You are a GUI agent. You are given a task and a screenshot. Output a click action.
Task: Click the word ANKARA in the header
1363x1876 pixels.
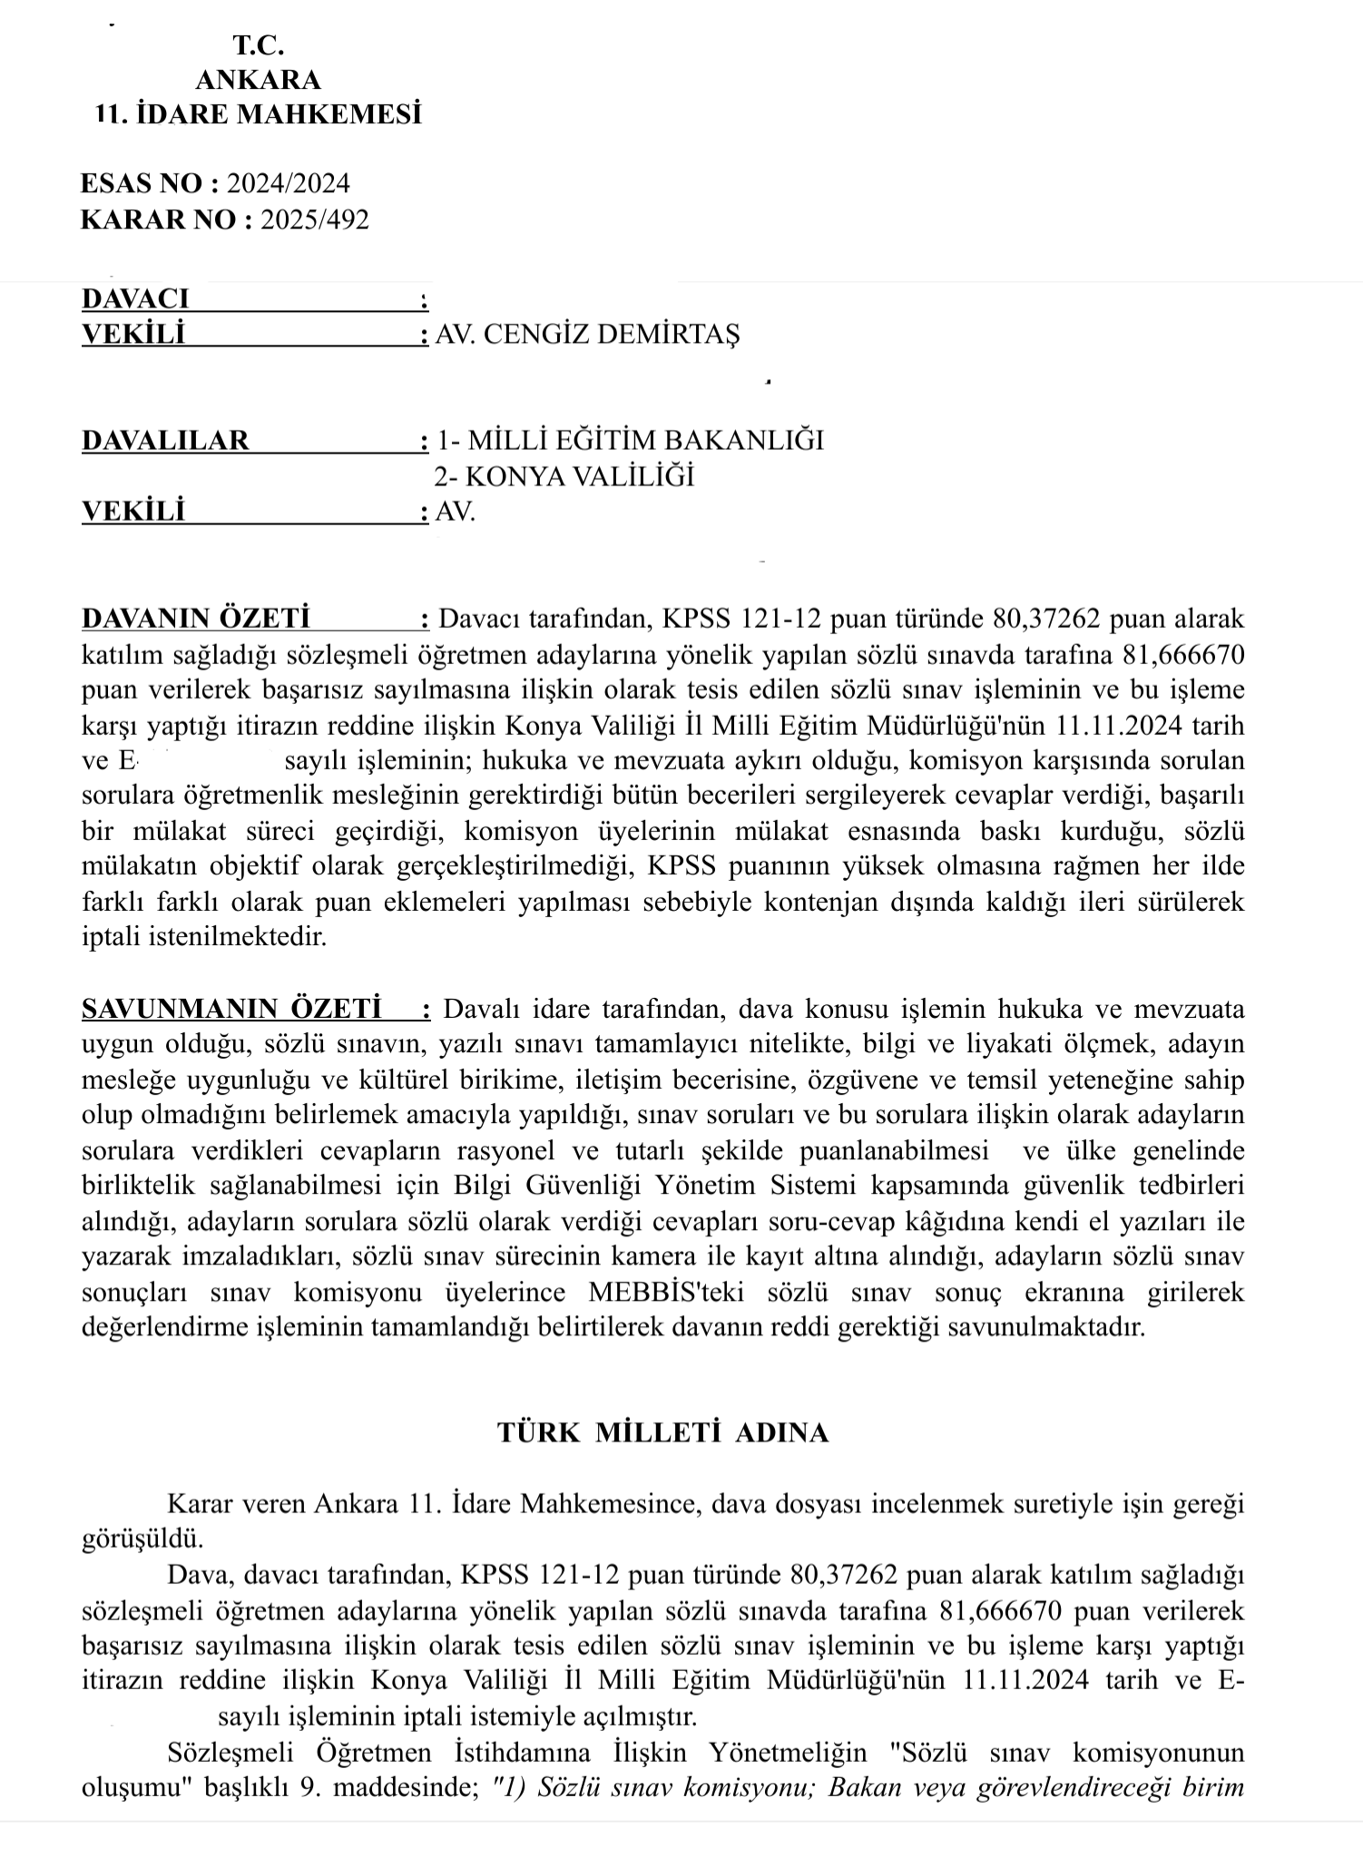point(259,80)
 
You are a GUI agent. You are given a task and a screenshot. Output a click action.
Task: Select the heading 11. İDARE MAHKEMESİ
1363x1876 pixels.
point(259,115)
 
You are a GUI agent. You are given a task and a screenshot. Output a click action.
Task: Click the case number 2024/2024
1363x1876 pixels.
point(289,183)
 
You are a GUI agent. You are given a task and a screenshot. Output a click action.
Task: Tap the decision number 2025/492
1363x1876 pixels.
point(315,220)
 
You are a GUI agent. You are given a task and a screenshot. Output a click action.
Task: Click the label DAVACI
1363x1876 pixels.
point(135,298)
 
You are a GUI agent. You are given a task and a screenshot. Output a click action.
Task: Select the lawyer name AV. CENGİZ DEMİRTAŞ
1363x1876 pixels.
point(588,335)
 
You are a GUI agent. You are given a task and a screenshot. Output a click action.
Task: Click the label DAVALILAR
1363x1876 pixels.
point(165,441)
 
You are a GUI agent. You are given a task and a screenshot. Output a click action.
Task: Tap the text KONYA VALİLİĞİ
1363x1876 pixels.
point(579,476)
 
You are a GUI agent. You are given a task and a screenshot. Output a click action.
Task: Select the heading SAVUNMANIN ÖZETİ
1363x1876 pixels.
point(230,1009)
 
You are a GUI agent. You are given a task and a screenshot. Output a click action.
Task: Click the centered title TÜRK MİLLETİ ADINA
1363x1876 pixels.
point(662,1432)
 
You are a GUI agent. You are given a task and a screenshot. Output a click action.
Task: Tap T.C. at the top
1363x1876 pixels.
point(259,44)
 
